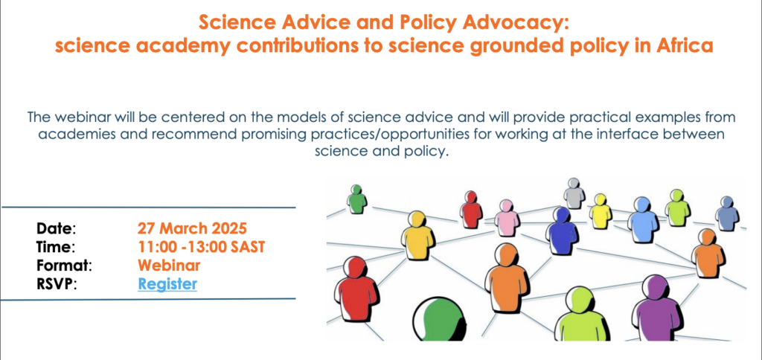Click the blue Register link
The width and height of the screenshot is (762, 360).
coord(167,283)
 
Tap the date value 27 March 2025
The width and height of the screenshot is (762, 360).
coord(193,228)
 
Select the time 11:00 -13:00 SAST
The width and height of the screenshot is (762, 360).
coord(201,247)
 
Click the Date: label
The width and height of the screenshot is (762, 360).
coord(57,228)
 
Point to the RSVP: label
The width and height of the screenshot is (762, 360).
coord(57,284)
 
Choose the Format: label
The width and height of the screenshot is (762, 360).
coord(64,266)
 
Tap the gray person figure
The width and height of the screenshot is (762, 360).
coord(574,193)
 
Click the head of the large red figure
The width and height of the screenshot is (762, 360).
coord(355,267)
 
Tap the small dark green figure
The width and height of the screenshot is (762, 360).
coord(357,199)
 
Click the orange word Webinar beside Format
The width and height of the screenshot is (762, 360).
coord(169,266)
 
